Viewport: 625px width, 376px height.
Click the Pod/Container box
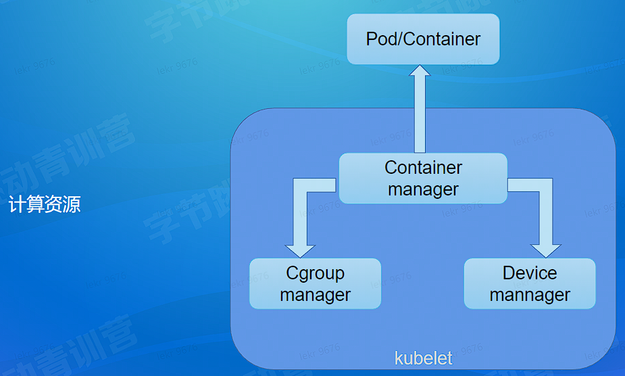[x=423, y=39]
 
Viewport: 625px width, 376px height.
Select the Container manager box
[x=423, y=179]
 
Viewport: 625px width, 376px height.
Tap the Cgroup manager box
[x=315, y=284]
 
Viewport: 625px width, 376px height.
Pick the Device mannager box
[x=530, y=284]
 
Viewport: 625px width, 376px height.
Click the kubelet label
[x=424, y=358]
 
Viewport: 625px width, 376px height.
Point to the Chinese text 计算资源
[x=45, y=205]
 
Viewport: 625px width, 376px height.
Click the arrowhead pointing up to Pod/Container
[x=420, y=73]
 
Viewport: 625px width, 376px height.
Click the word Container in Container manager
[x=424, y=167]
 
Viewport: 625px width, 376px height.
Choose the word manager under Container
[x=423, y=190]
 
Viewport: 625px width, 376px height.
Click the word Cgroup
[x=315, y=273]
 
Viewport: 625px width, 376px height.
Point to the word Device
[x=530, y=273]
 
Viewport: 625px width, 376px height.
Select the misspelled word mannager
[x=530, y=296]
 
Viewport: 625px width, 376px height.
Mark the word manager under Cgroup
[x=315, y=296]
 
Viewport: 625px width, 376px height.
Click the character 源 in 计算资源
[x=72, y=205]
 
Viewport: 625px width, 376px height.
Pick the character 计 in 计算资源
[x=17, y=205]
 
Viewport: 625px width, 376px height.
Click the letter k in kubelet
[x=399, y=358]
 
